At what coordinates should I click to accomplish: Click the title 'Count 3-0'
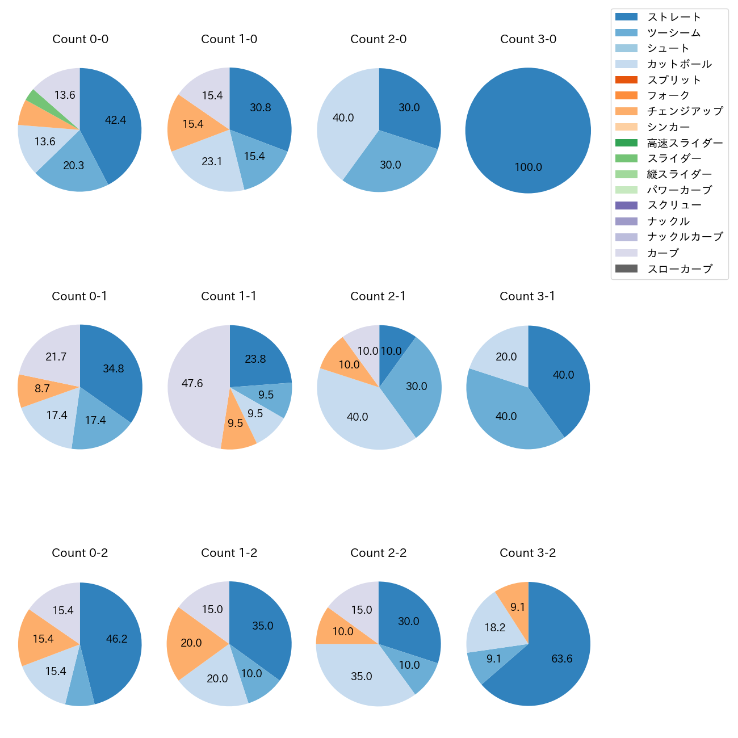528,39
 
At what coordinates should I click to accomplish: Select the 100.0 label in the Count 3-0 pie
528,167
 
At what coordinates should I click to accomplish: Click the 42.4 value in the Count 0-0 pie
115,120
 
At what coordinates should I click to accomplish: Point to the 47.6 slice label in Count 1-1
192,384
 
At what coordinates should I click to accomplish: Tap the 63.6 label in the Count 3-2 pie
561,659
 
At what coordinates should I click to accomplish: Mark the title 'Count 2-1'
378,296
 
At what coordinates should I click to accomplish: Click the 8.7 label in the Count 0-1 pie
42,389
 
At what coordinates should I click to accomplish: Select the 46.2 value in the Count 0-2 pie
116,639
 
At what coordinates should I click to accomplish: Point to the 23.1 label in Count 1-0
212,162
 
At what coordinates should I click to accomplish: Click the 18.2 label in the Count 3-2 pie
495,627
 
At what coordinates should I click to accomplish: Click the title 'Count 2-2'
378,553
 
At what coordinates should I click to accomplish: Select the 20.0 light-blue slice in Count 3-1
500,355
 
